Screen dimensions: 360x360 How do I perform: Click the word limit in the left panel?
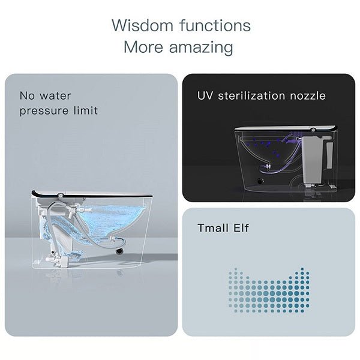click(85, 110)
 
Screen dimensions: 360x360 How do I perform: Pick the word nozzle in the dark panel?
click(307, 95)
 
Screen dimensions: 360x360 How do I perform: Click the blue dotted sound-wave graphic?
click(269, 289)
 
